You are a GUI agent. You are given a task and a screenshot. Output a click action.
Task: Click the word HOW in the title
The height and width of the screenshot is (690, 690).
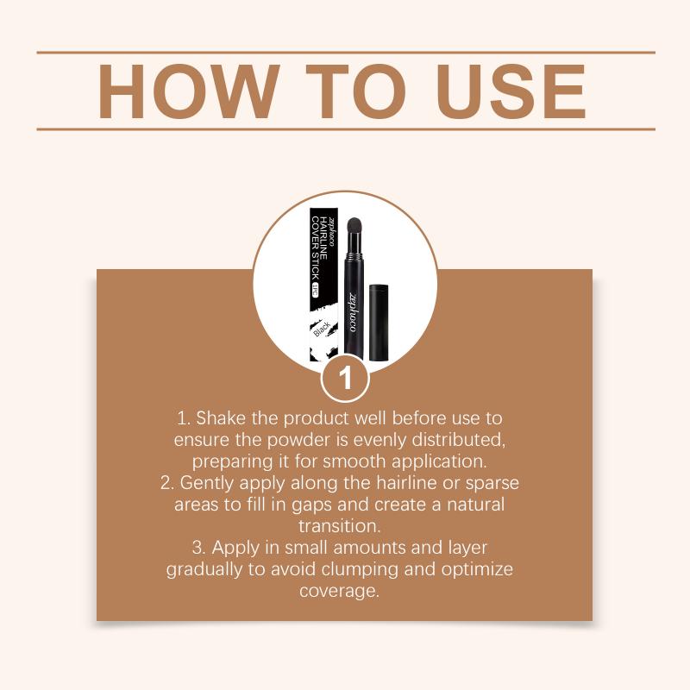click(x=188, y=91)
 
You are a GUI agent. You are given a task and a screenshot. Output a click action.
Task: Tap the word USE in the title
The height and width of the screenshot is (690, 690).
click(x=511, y=91)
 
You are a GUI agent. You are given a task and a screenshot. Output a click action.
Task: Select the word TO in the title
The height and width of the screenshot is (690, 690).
click(x=355, y=91)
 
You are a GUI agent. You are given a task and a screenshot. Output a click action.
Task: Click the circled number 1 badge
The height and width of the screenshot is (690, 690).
click(x=345, y=378)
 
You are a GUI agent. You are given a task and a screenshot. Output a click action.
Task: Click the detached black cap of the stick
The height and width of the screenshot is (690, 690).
click(x=379, y=322)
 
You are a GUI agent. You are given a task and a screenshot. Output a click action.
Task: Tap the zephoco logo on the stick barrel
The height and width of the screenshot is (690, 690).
click(x=353, y=311)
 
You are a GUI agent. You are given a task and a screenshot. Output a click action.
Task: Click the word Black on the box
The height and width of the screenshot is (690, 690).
click(x=322, y=328)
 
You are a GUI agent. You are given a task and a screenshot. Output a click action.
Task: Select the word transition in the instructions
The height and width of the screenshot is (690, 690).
click(x=339, y=526)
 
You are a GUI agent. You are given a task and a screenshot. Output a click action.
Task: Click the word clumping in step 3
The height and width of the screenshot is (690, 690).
click(x=360, y=569)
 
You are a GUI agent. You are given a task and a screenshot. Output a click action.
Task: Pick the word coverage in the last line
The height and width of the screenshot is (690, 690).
click(x=339, y=591)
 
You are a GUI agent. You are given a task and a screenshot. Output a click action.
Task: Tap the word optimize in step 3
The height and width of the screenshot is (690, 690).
click(x=477, y=569)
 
